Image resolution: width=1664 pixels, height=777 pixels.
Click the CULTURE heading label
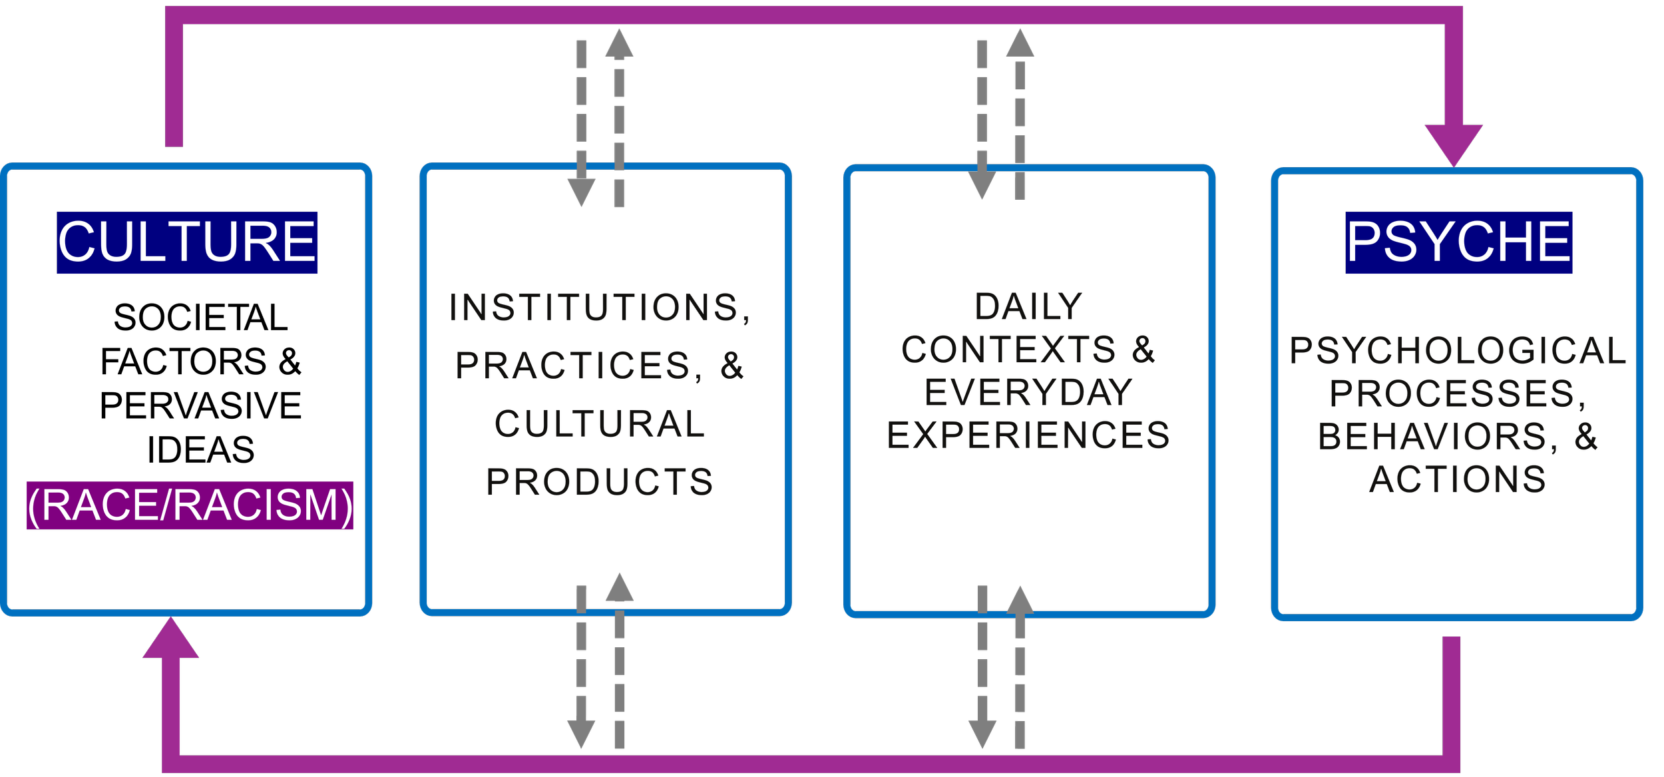[x=187, y=242]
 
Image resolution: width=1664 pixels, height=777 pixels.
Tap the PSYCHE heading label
[x=1458, y=242]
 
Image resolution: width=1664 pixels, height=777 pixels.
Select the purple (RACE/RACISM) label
[x=190, y=505]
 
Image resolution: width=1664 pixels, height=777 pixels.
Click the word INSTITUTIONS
[x=594, y=308]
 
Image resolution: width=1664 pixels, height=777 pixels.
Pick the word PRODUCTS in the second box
[x=600, y=482]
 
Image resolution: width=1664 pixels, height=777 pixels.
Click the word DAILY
[x=1028, y=307]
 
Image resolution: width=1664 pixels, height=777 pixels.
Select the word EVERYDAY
[x=1028, y=392]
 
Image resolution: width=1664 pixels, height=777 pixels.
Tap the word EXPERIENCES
[x=1028, y=435]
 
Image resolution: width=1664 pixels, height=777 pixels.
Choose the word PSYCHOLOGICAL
[x=1458, y=350]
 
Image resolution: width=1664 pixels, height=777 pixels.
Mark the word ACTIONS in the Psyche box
[x=1458, y=479]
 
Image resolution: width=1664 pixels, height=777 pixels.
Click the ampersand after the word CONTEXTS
[x=1144, y=350]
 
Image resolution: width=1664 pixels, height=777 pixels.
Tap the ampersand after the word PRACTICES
[x=732, y=366]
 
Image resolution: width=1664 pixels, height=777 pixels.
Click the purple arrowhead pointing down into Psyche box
[x=1454, y=144]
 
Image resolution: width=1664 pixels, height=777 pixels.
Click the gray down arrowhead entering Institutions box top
[x=581, y=192]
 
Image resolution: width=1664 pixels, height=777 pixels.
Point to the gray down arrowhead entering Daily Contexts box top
[x=982, y=185]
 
